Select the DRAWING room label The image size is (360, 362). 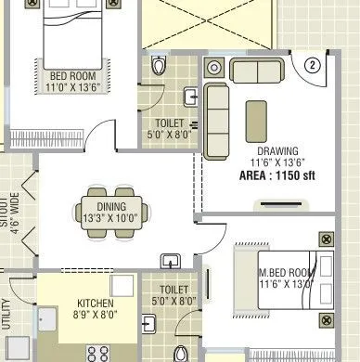click(277, 150)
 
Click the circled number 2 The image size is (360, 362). click(313, 65)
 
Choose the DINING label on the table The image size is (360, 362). click(98, 207)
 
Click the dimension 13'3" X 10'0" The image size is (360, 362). click(98, 219)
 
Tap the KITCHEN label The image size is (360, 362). click(96, 303)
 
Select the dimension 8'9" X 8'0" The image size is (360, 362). click(96, 315)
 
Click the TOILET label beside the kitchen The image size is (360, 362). click(174, 290)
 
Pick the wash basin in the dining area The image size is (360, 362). click(171, 260)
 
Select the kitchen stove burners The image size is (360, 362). click(97, 353)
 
